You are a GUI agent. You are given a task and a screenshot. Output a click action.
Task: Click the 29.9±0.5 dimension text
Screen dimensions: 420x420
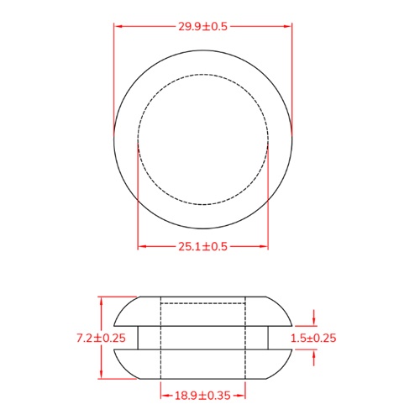202,26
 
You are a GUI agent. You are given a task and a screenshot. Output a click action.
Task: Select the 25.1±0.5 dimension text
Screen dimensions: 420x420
202,246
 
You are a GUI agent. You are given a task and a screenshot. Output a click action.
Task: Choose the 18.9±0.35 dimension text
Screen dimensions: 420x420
202,393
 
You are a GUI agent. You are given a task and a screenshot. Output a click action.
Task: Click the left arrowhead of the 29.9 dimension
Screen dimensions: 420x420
118,26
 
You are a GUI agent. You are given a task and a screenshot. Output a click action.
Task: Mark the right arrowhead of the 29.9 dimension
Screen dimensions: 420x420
288,26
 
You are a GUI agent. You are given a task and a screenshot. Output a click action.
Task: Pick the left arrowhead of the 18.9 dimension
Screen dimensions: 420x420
164,393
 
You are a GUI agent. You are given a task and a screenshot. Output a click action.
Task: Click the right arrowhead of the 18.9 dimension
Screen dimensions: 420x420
242,393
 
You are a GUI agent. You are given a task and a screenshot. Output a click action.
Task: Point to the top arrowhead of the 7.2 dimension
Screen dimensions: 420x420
101,300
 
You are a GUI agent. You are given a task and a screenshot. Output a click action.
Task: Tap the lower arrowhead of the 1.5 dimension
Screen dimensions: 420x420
313,354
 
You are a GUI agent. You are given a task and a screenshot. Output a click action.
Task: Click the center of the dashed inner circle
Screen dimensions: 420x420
202,139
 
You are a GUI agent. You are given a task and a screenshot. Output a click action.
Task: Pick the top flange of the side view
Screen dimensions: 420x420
202,311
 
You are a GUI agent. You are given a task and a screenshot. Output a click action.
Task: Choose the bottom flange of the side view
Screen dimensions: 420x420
202,365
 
